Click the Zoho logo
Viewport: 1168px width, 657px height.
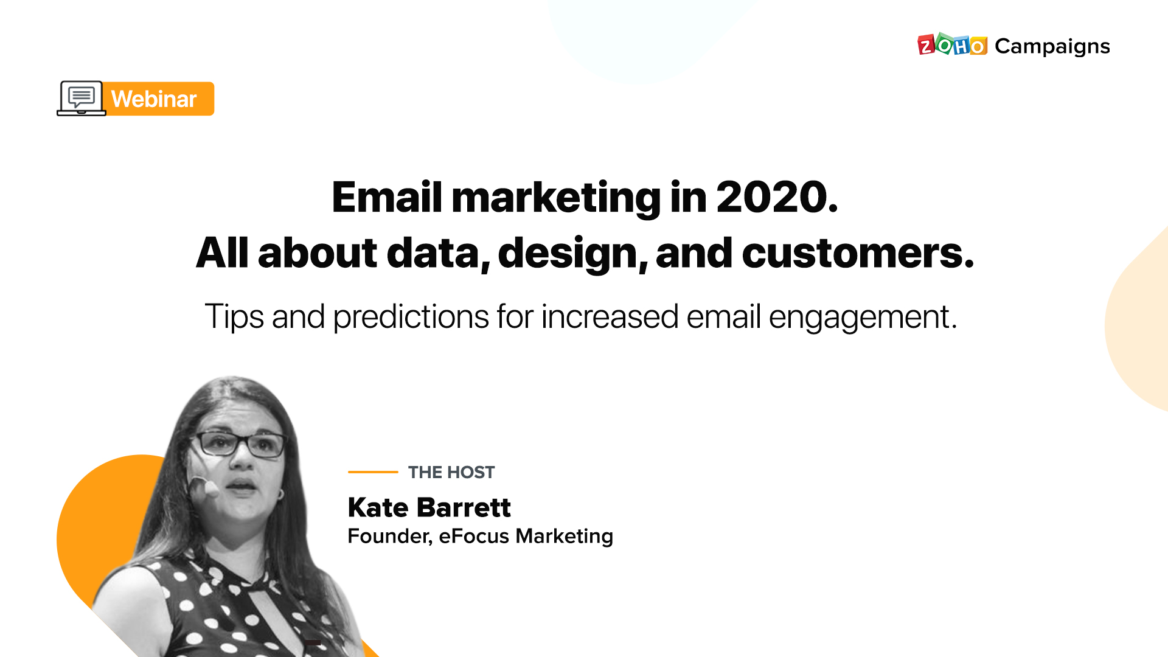(x=952, y=46)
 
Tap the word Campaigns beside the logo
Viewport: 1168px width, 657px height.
(x=1052, y=46)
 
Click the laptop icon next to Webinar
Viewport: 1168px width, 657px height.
(x=82, y=98)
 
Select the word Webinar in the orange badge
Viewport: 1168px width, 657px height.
(x=154, y=99)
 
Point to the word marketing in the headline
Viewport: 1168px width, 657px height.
(x=555, y=197)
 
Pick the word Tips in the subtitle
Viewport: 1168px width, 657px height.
(x=234, y=317)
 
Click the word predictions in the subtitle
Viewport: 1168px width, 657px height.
(x=411, y=317)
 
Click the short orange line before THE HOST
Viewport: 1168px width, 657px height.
(x=373, y=471)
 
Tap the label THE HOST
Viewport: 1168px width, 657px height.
(x=451, y=472)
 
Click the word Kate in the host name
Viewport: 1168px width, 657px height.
(x=378, y=507)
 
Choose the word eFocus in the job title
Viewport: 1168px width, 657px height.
(x=474, y=536)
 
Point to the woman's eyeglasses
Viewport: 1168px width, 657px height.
(x=240, y=443)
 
